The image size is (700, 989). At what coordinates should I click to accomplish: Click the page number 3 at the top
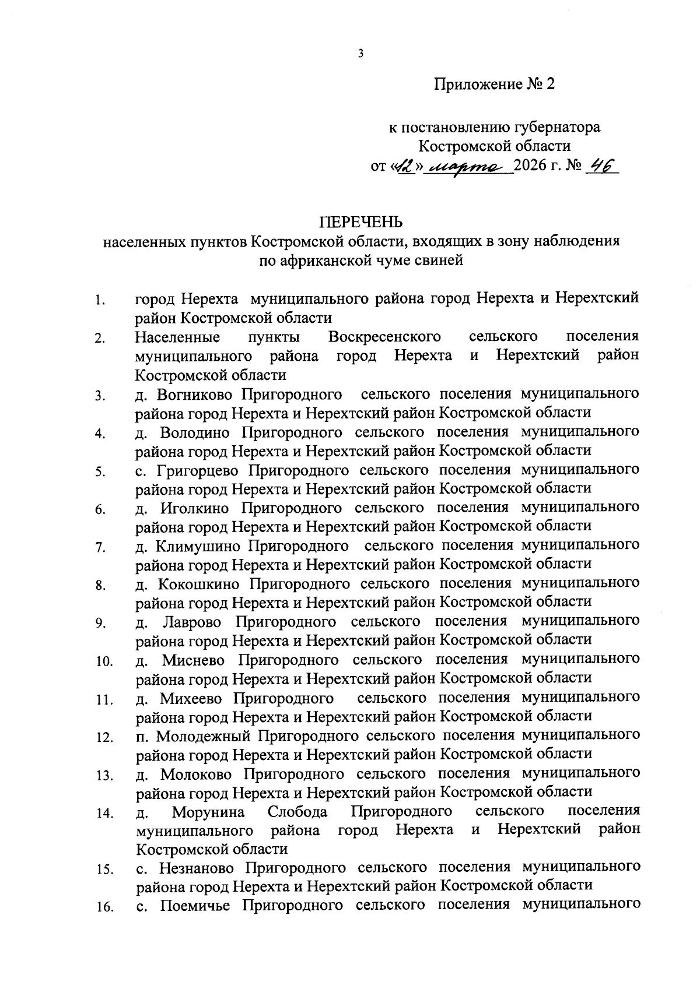pyautogui.click(x=360, y=54)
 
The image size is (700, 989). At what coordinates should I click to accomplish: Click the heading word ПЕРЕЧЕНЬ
pyautogui.click(x=360, y=222)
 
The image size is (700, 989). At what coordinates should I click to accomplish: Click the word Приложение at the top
pyautogui.click(x=478, y=85)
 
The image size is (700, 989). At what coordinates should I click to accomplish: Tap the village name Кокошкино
pyautogui.click(x=199, y=584)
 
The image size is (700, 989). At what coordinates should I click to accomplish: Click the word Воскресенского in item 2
pyautogui.click(x=384, y=337)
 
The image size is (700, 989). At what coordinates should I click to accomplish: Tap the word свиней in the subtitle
pyautogui.click(x=440, y=261)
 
